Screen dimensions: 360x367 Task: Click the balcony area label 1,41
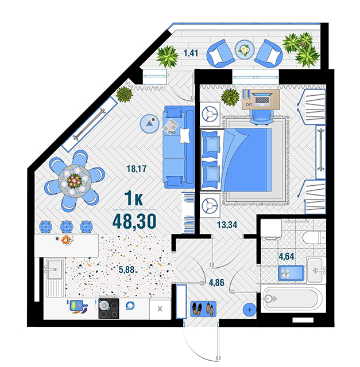click(191, 53)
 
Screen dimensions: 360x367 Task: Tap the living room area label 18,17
click(137, 169)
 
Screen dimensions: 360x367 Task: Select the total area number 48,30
click(134, 221)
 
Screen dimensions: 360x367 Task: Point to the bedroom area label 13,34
click(227, 225)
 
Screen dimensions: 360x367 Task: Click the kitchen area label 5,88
click(126, 270)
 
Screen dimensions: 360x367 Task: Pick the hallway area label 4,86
click(216, 283)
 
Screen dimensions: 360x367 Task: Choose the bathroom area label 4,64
click(287, 256)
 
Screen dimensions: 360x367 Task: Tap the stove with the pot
click(109, 309)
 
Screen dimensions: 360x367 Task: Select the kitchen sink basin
click(55, 269)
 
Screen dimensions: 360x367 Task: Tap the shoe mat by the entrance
click(203, 309)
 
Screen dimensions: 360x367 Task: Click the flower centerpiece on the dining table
click(74, 181)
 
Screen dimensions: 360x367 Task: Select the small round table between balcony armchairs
click(245, 50)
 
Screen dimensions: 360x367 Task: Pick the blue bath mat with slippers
click(291, 273)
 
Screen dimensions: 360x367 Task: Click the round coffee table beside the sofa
click(149, 124)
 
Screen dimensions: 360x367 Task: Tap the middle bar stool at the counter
click(67, 227)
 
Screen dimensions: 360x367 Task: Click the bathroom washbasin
click(315, 271)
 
